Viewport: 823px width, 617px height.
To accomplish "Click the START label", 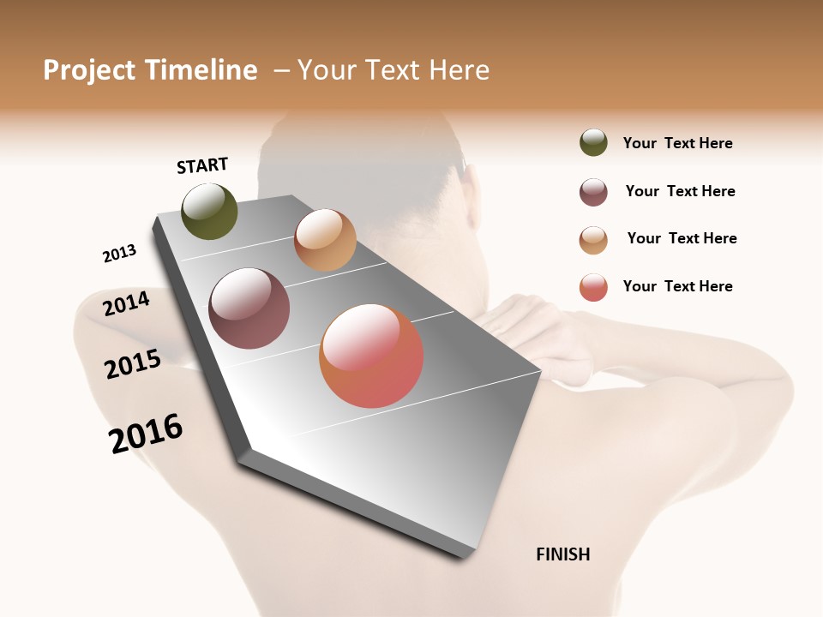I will tap(202, 165).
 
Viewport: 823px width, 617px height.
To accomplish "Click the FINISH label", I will tap(562, 554).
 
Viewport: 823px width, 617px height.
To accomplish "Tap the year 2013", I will tap(119, 254).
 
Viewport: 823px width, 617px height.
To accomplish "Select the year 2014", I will tap(127, 303).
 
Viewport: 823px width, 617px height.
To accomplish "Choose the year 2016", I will tap(146, 434).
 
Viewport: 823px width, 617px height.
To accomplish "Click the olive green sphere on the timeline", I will tap(209, 211).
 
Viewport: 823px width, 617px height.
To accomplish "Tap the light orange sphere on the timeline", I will tap(325, 240).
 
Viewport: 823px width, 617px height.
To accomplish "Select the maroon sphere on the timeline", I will tap(249, 308).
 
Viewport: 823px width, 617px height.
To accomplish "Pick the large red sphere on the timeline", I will tap(371, 356).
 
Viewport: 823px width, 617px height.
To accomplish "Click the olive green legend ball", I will tap(593, 142).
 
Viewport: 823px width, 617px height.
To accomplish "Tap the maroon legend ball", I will tap(593, 192).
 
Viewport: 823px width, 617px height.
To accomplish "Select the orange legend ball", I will tap(593, 240).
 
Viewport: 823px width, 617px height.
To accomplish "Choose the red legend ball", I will tap(593, 287).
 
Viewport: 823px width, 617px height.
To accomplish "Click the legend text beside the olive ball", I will tap(677, 143).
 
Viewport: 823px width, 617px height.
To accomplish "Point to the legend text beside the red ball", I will tap(677, 286).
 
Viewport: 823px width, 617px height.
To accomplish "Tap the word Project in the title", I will tap(89, 71).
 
